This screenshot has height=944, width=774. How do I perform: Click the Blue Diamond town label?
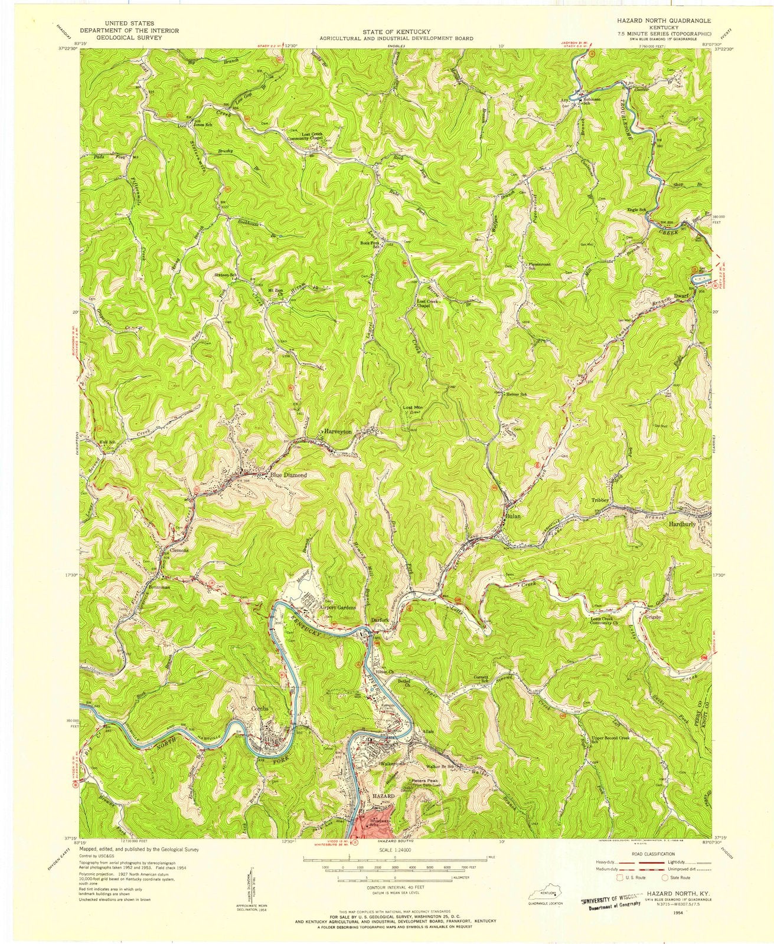coord(289,474)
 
